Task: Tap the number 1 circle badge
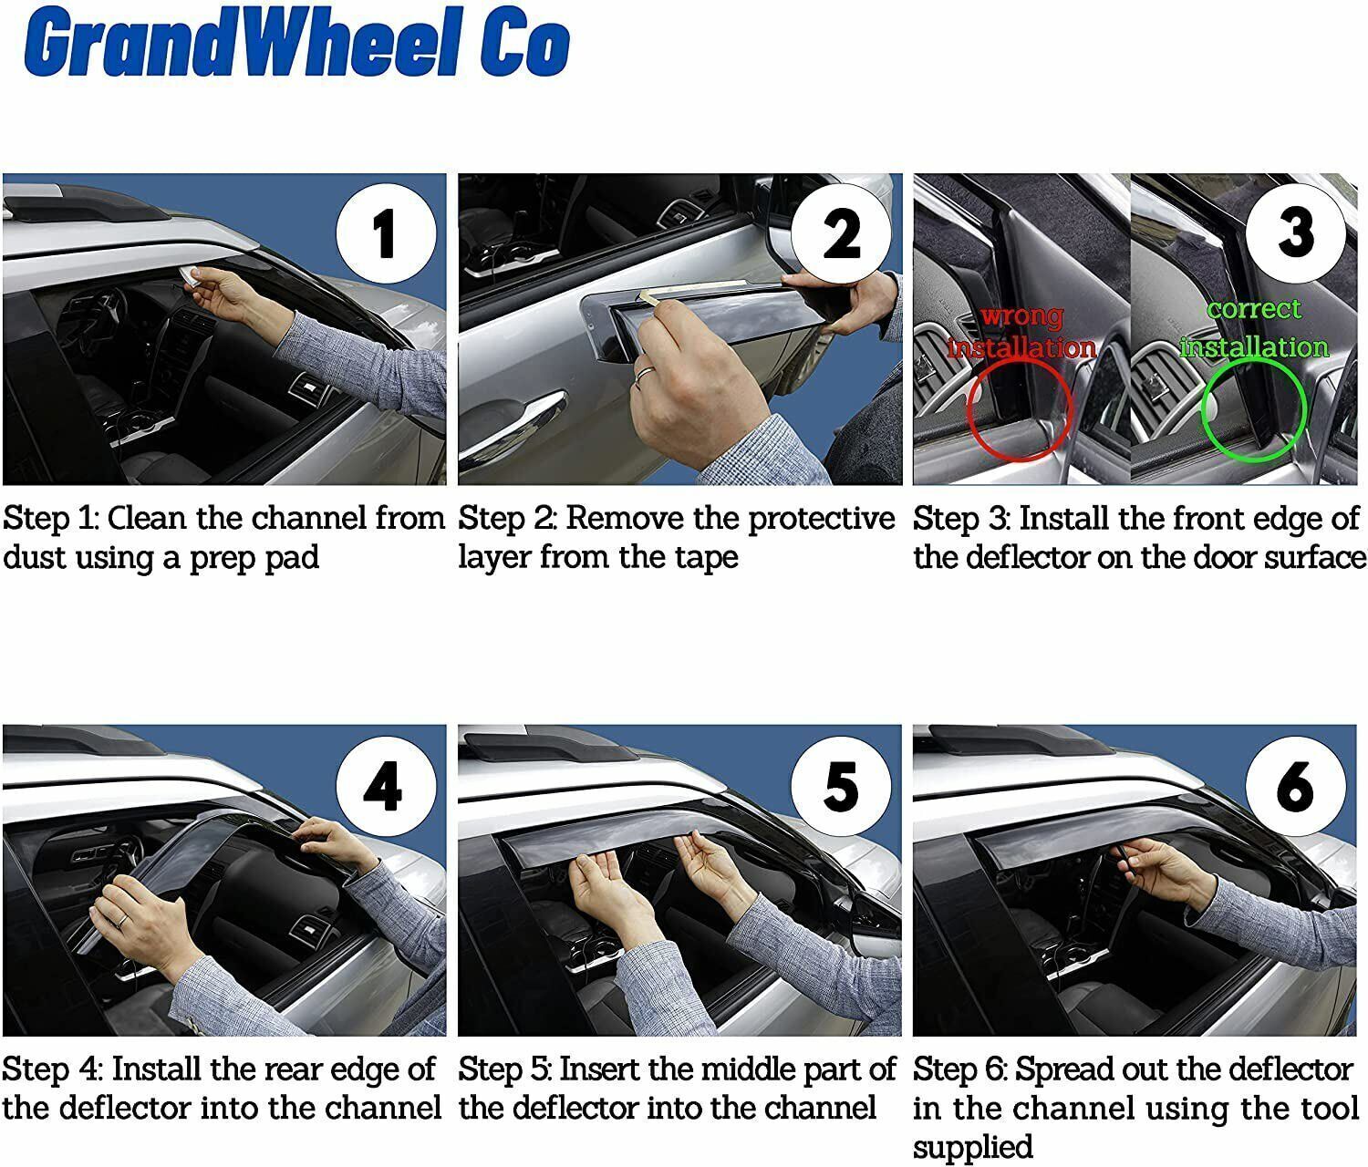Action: click(x=384, y=232)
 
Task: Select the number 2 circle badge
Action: click(x=840, y=232)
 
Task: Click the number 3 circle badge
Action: click(x=1295, y=230)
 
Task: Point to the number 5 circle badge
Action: click(x=840, y=785)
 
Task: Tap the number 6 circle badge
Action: click(x=1295, y=785)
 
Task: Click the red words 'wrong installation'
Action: click(x=1021, y=333)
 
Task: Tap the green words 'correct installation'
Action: click(x=1254, y=328)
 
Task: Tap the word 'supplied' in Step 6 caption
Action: click(x=972, y=1147)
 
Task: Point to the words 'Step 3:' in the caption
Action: click(x=961, y=519)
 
